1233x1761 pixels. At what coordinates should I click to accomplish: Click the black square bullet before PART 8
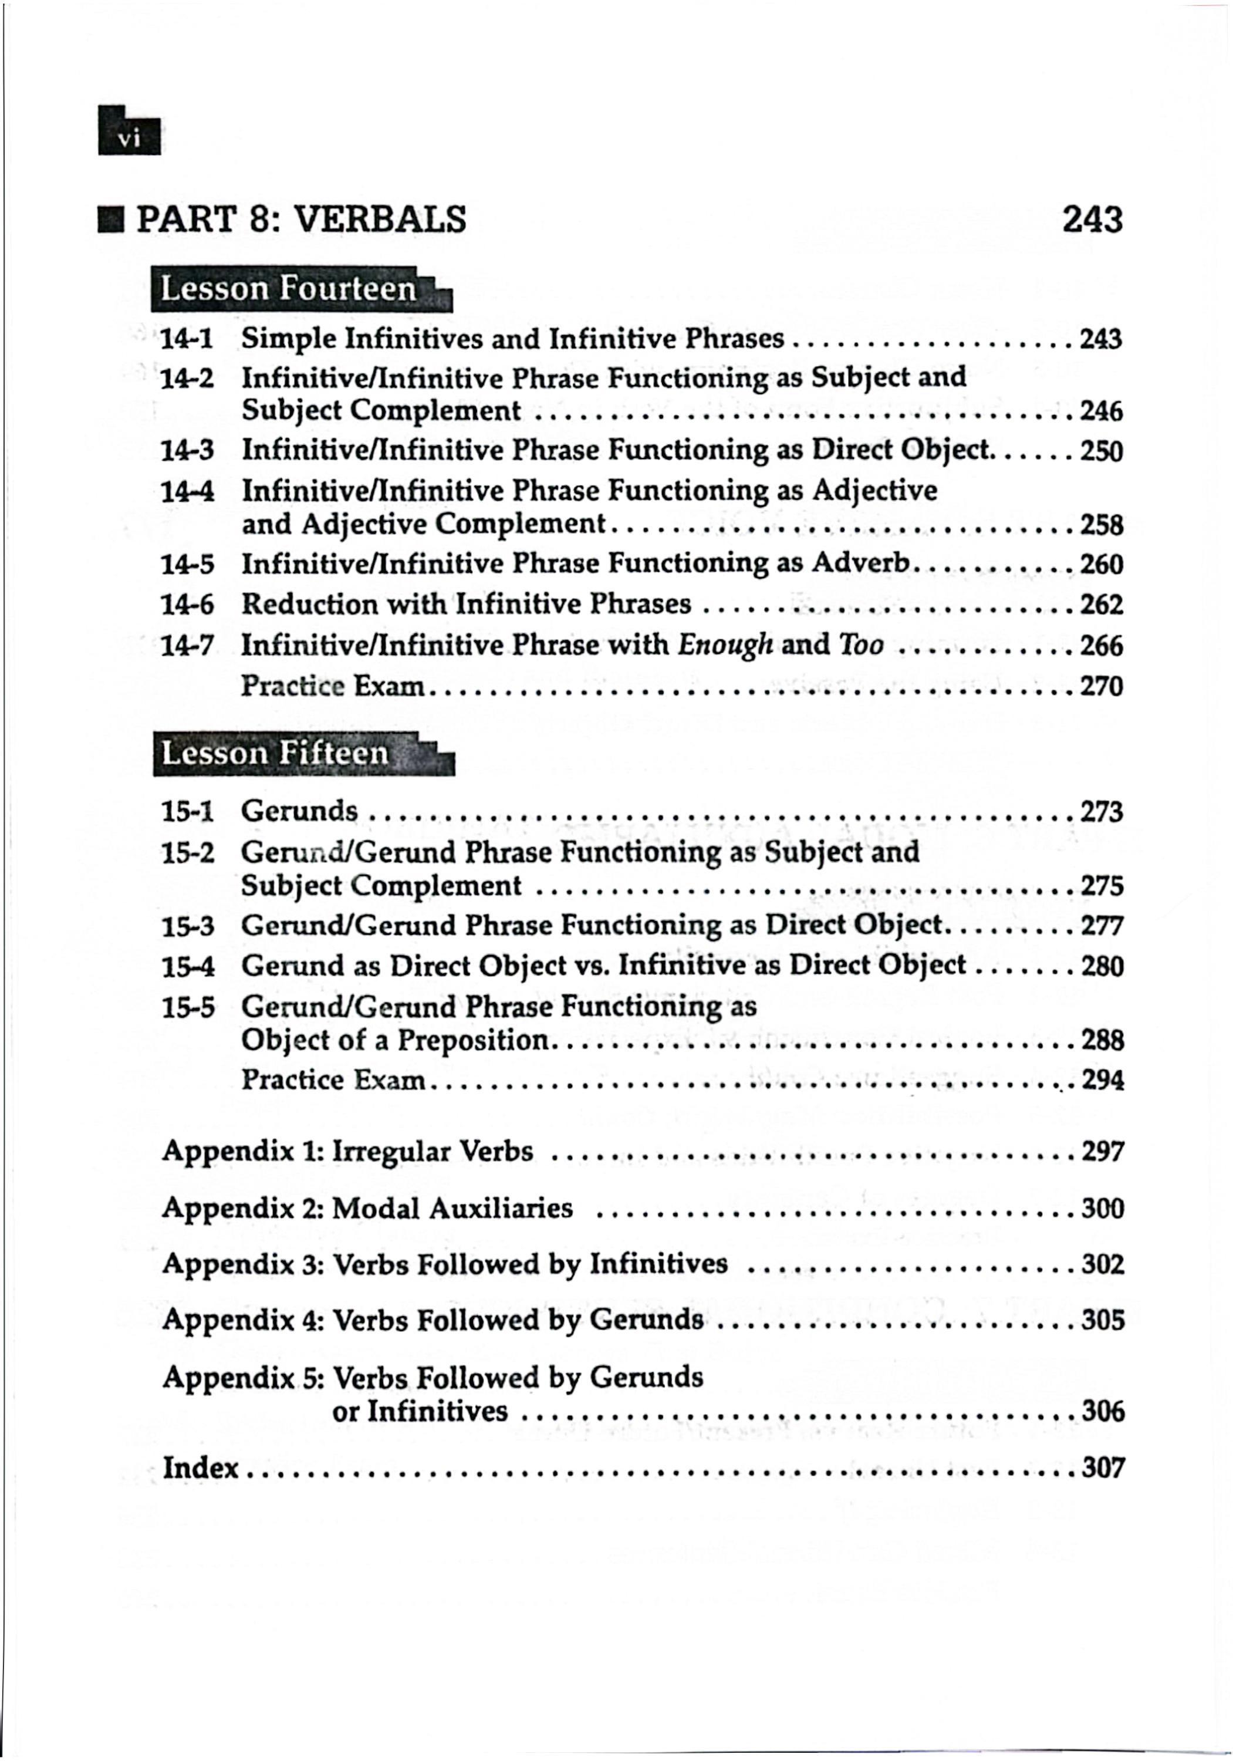pyautogui.click(x=112, y=221)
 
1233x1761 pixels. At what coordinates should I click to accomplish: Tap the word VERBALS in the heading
pyautogui.click(x=380, y=220)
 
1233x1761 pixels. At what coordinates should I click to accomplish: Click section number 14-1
pyautogui.click(x=187, y=338)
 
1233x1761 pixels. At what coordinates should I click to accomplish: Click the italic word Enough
pyautogui.click(x=725, y=645)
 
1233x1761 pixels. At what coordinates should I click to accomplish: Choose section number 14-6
pyautogui.click(x=187, y=605)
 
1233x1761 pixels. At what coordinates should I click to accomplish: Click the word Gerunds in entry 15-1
pyautogui.click(x=299, y=811)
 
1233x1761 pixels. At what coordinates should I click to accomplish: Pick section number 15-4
pyautogui.click(x=187, y=966)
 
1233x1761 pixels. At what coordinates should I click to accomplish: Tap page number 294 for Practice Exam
pyautogui.click(x=1102, y=1081)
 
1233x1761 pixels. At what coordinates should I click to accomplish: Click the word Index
pyautogui.click(x=201, y=1468)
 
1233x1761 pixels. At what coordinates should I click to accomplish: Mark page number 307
pyautogui.click(x=1103, y=1468)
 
